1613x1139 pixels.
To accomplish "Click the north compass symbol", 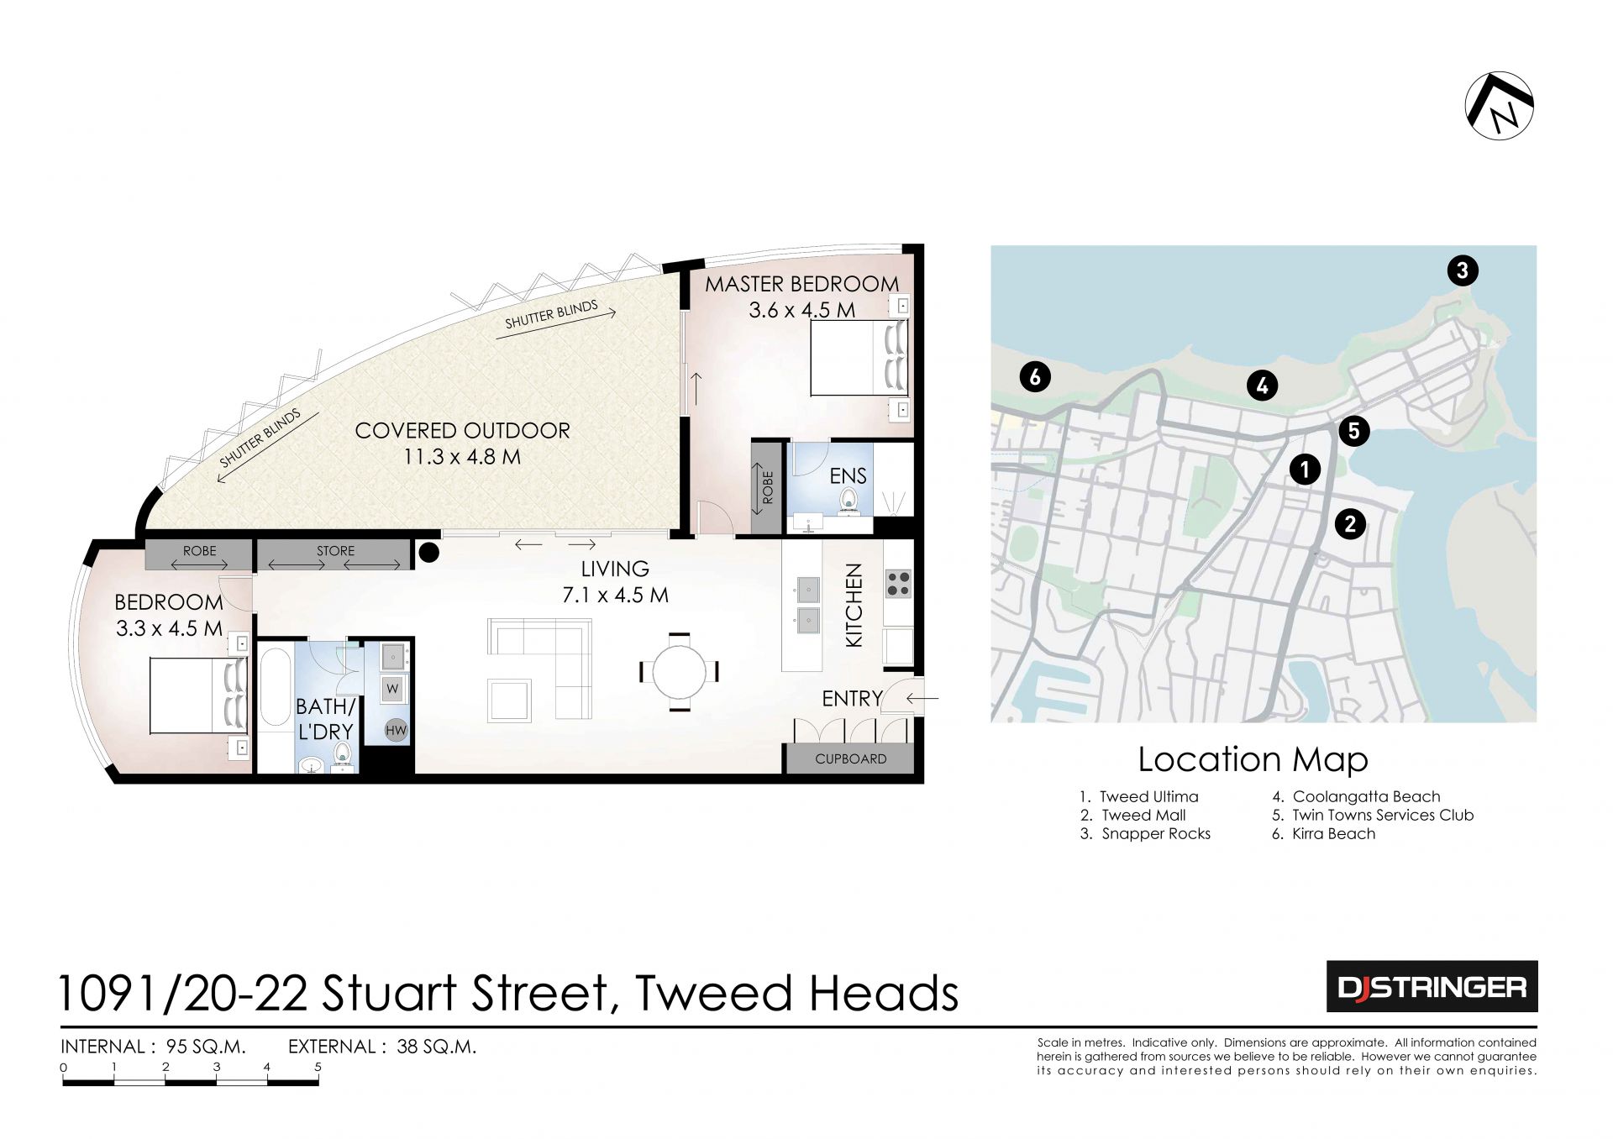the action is pyautogui.click(x=1499, y=106).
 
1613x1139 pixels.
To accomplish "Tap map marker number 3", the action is pyautogui.click(x=1463, y=270).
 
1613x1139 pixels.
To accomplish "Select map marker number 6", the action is pyautogui.click(x=1035, y=376).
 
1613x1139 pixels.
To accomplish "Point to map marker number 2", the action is pyautogui.click(x=1350, y=524).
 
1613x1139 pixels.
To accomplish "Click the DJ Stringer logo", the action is pyautogui.click(x=1432, y=986).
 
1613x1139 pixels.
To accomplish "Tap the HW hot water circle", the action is pyautogui.click(x=396, y=730).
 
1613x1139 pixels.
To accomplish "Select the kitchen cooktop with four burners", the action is pyautogui.click(x=898, y=583).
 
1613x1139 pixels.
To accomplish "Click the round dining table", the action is pyautogui.click(x=680, y=672).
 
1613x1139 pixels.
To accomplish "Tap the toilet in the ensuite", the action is pyautogui.click(x=849, y=501).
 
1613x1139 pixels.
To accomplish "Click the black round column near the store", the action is pyautogui.click(x=428, y=552).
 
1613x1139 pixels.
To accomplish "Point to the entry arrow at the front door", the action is pyautogui.click(x=922, y=697).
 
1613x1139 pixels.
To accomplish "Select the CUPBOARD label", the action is pyautogui.click(x=850, y=758).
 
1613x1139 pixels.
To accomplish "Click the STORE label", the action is pyautogui.click(x=335, y=551).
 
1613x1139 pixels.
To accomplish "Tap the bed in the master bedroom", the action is pyautogui.click(x=859, y=358).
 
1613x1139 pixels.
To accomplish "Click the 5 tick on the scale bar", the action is pyautogui.click(x=318, y=1068).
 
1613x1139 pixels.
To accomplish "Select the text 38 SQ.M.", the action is pyautogui.click(x=436, y=1047).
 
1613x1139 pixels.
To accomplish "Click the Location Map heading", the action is pyautogui.click(x=1253, y=759).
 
